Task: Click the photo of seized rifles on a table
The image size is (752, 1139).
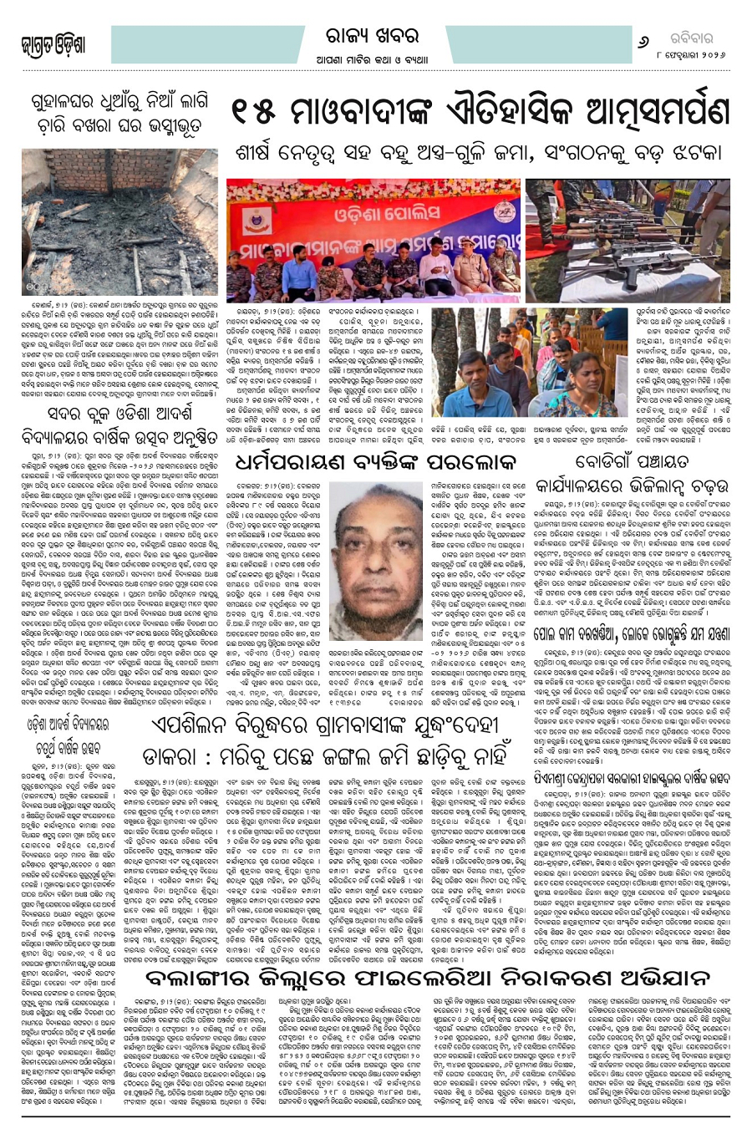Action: point(677,223)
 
